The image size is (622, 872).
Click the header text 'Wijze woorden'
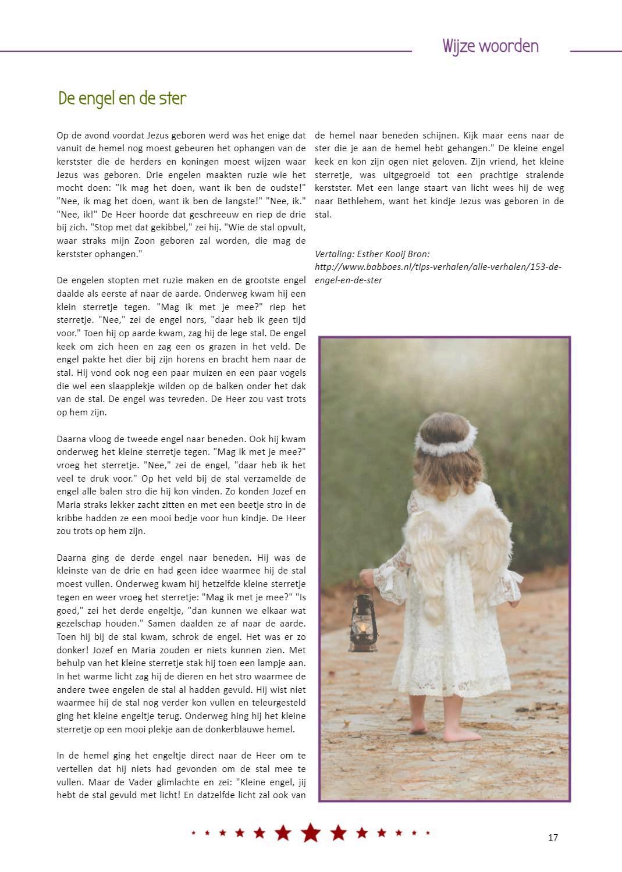click(490, 46)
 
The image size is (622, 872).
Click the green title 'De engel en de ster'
click(122, 98)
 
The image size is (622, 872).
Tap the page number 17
click(553, 837)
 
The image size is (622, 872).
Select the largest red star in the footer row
click(311, 832)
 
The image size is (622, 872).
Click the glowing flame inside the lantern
click(363, 628)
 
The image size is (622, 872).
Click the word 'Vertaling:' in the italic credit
click(335, 254)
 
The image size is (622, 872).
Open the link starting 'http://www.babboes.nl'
click(438, 267)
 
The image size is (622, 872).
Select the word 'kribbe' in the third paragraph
click(70, 518)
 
